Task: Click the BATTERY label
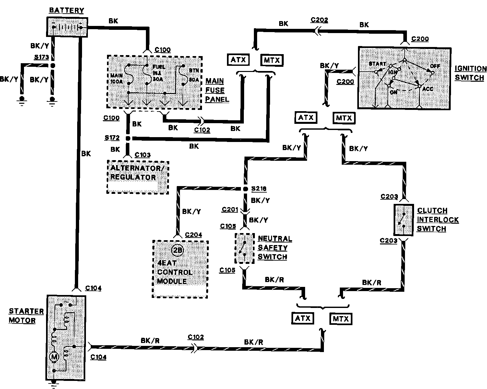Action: (66, 10)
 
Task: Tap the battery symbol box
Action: (67, 27)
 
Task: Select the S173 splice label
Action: (42, 58)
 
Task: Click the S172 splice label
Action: (112, 138)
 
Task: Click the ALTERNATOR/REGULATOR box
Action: (137, 177)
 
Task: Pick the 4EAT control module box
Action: (180, 269)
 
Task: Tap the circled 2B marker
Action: (178, 250)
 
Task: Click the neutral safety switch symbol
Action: (244, 248)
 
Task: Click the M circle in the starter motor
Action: (54, 357)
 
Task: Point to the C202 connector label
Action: (319, 20)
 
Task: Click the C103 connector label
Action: (143, 155)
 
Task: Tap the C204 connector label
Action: (193, 235)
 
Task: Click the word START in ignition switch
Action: (377, 64)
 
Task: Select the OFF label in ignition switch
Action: (435, 66)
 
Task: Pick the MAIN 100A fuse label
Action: (116, 79)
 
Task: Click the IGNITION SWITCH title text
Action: (470, 73)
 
